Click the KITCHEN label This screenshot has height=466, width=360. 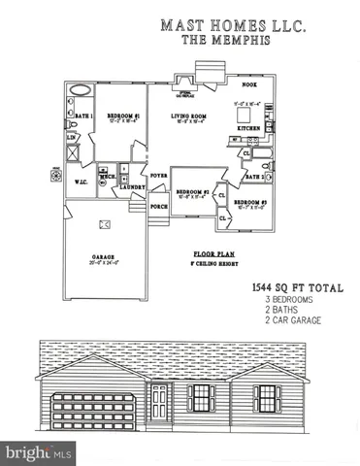[x=248, y=127]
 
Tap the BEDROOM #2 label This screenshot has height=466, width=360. [x=195, y=192]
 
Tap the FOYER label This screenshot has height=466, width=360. [x=159, y=176]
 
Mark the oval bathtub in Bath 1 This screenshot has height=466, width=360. [x=81, y=91]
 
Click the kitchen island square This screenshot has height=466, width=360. [x=244, y=112]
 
